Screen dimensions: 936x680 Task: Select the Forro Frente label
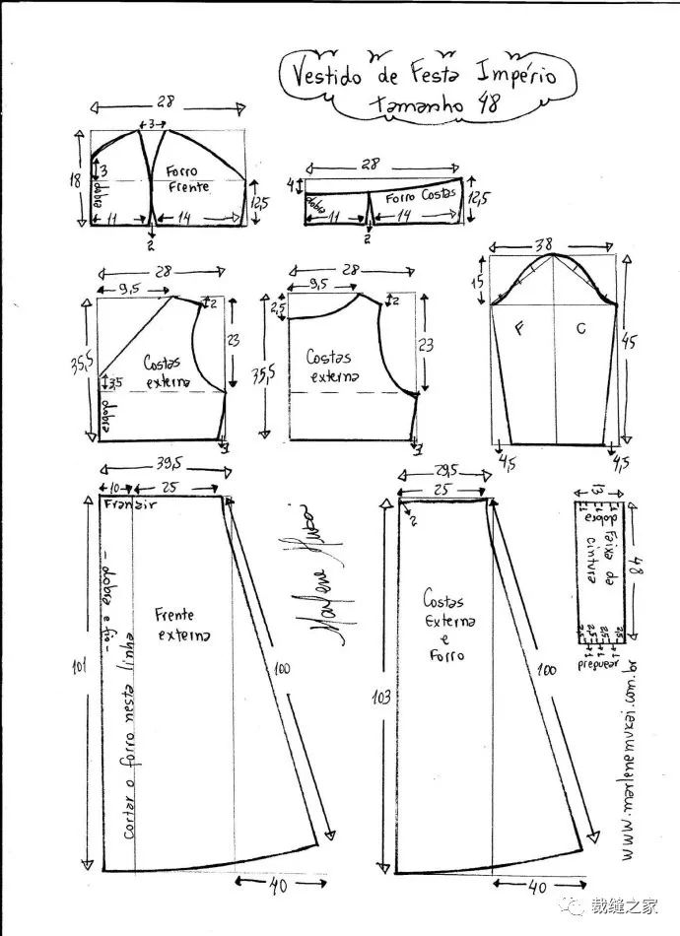click(x=187, y=178)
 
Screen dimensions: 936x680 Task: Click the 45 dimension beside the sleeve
click(x=631, y=342)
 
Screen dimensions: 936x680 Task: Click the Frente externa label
click(x=181, y=624)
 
